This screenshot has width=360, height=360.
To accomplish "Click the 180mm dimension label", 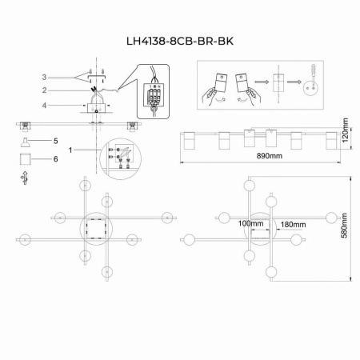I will pos(294,223).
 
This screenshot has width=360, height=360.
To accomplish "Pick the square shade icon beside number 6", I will pos(24,158).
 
